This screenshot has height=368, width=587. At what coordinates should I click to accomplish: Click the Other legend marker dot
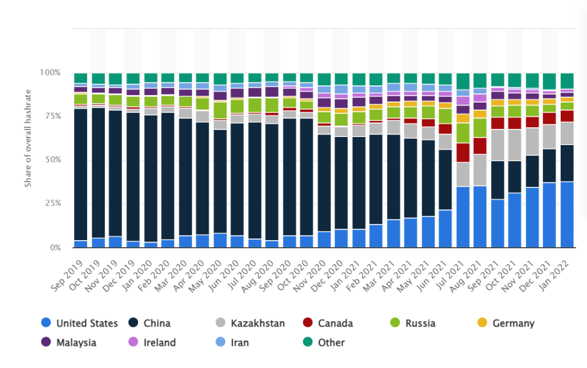pos(307,343)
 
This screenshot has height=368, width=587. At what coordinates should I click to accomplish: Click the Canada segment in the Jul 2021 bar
pos(463,152)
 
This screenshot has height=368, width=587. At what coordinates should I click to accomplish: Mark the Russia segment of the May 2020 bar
pos(220,110)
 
